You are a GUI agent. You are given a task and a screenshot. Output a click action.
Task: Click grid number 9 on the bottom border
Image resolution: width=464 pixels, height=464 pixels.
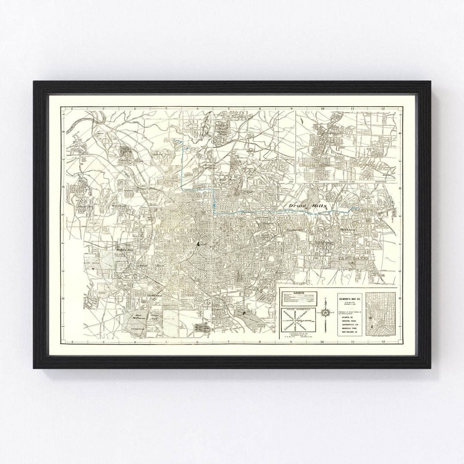(x=291, y=342)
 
